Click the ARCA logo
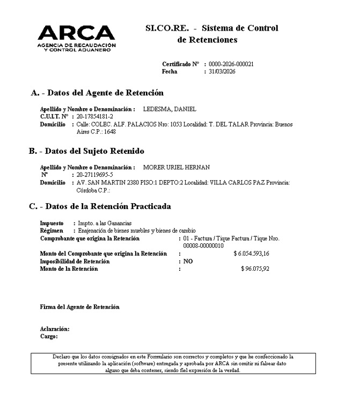(x=76, y=38)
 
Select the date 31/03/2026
(x=223, y=71)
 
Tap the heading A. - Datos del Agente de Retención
(x=97, y=93)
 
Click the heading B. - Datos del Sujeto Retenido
(x=86, y=151)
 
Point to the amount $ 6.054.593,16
(x=251, y=254)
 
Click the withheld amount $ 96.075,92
(x=255, y=269)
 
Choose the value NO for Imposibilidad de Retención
(x=188, y=261)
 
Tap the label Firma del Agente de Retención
(x=80, y=307)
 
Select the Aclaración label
(x=55, y=329)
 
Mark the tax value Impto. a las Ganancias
(x=105, y=223)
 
